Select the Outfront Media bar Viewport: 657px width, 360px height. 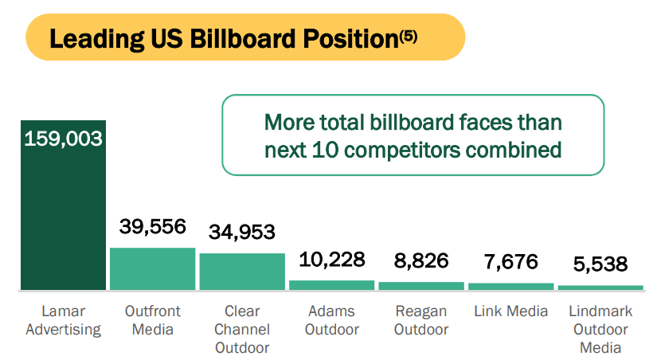[x=152, y=268]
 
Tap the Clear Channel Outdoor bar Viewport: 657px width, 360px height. [x=241, y=272]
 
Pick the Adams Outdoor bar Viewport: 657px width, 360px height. [x=331, y=284]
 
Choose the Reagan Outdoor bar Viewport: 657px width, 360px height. [x=420, y=285]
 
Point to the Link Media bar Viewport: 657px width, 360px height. [x=510, y=286]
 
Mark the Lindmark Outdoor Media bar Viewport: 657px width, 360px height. [x=600, y=287]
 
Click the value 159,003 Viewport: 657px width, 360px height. [x=64, y=139]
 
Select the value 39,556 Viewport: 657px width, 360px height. [x=153, y=226]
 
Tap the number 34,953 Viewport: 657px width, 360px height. [x=242, y=232]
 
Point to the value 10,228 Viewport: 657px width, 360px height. [x=331, y=259]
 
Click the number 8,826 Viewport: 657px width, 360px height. [x=421, y=260]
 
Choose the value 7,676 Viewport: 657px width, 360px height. [x=510, y=261]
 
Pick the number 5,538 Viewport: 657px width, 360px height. [x=600, y=264]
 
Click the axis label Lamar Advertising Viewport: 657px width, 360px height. [x=64, y=319]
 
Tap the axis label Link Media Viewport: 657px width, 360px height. [x=510, y=311]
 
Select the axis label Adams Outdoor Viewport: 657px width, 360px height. [x=331, y=319]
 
